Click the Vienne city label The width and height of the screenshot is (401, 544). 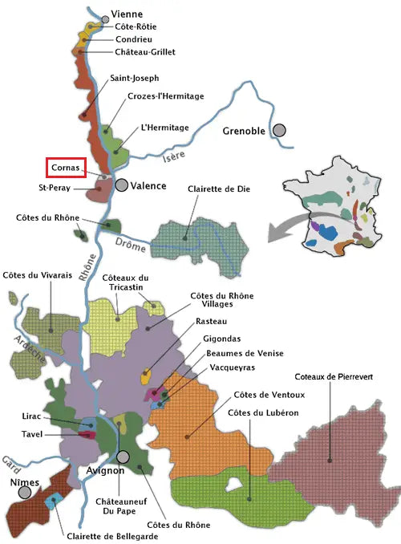[128, 14]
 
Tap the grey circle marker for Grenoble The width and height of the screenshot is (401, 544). [279, 130]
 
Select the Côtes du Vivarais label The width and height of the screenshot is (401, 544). [38, 275]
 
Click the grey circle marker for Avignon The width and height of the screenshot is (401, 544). [123, 457]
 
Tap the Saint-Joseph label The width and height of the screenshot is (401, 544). [135, 78]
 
